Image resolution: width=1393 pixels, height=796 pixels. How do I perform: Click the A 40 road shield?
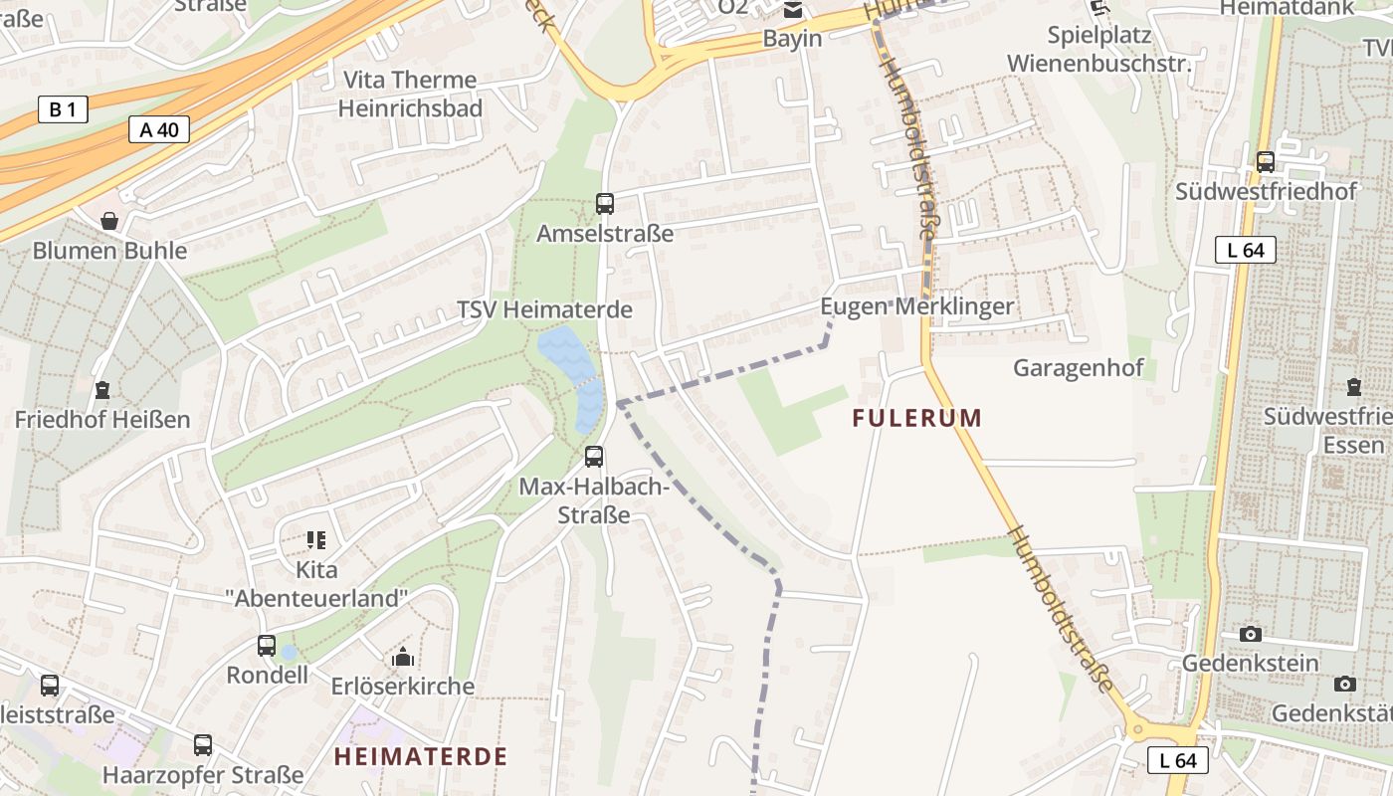pyautogui.click(x=159, y=129)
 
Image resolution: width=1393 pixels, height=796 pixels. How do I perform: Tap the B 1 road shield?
pyautogui.click(x=62, y=109)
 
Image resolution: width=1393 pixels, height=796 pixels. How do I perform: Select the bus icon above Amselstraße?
pyautogui.click(x=605, y=204)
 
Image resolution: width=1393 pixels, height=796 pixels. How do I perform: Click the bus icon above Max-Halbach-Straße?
pyautogui.click(x=594, y=457)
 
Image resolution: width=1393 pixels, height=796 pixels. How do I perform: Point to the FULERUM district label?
pyautogui.click(x=916, y=418)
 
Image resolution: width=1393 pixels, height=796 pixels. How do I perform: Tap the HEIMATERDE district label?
pyautogui.click(x=420, y=756)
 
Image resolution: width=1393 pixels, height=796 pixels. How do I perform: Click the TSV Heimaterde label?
pyautogui.click(x=544, y=309)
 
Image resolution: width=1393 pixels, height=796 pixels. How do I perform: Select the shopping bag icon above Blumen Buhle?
pyautogui.click(x=109, y=221)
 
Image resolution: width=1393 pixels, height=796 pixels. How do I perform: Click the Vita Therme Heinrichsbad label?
pyautogui.click(x=410, y=94)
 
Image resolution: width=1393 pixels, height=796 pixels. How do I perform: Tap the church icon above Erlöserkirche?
pyautogui.click(x=403, y=657)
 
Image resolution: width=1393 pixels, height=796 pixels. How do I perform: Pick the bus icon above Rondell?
pyautogui.click(x=267, y=645)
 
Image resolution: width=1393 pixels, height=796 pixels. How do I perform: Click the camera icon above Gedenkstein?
pyautogui.click(x=1251, y=634)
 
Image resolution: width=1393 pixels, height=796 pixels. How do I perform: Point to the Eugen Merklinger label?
pyautogui.click(x=916, y=306)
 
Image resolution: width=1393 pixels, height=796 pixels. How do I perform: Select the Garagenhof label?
pyautogui.click(x=1078, y=368)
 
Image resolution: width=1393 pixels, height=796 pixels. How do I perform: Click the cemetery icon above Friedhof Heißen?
pyautogui.click(x=101, y=389)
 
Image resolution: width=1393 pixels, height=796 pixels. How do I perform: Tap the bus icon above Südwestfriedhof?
pyautogui.click(x=1266, y=161)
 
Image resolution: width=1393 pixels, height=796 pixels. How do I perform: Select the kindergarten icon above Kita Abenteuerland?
pyautogui.click(x=316, y=540)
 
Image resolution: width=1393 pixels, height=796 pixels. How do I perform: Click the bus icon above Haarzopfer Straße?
pyautogui.click(x=203, y=744)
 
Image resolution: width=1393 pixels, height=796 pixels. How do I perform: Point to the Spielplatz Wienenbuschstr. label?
pyautogui.click(x=1098, y=50)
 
